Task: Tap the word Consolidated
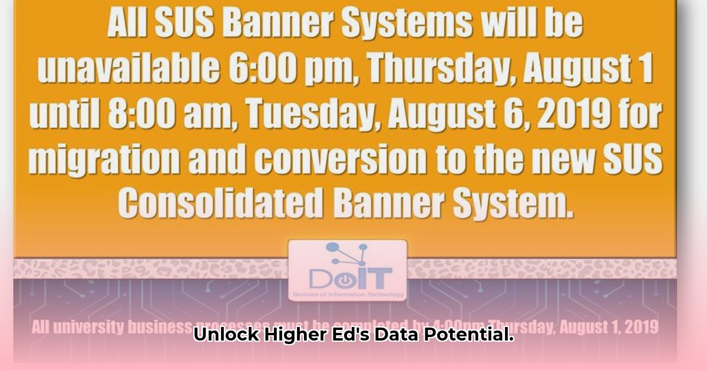point(220,203)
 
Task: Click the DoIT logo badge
point(348,269)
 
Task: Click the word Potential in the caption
point(468,336)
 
